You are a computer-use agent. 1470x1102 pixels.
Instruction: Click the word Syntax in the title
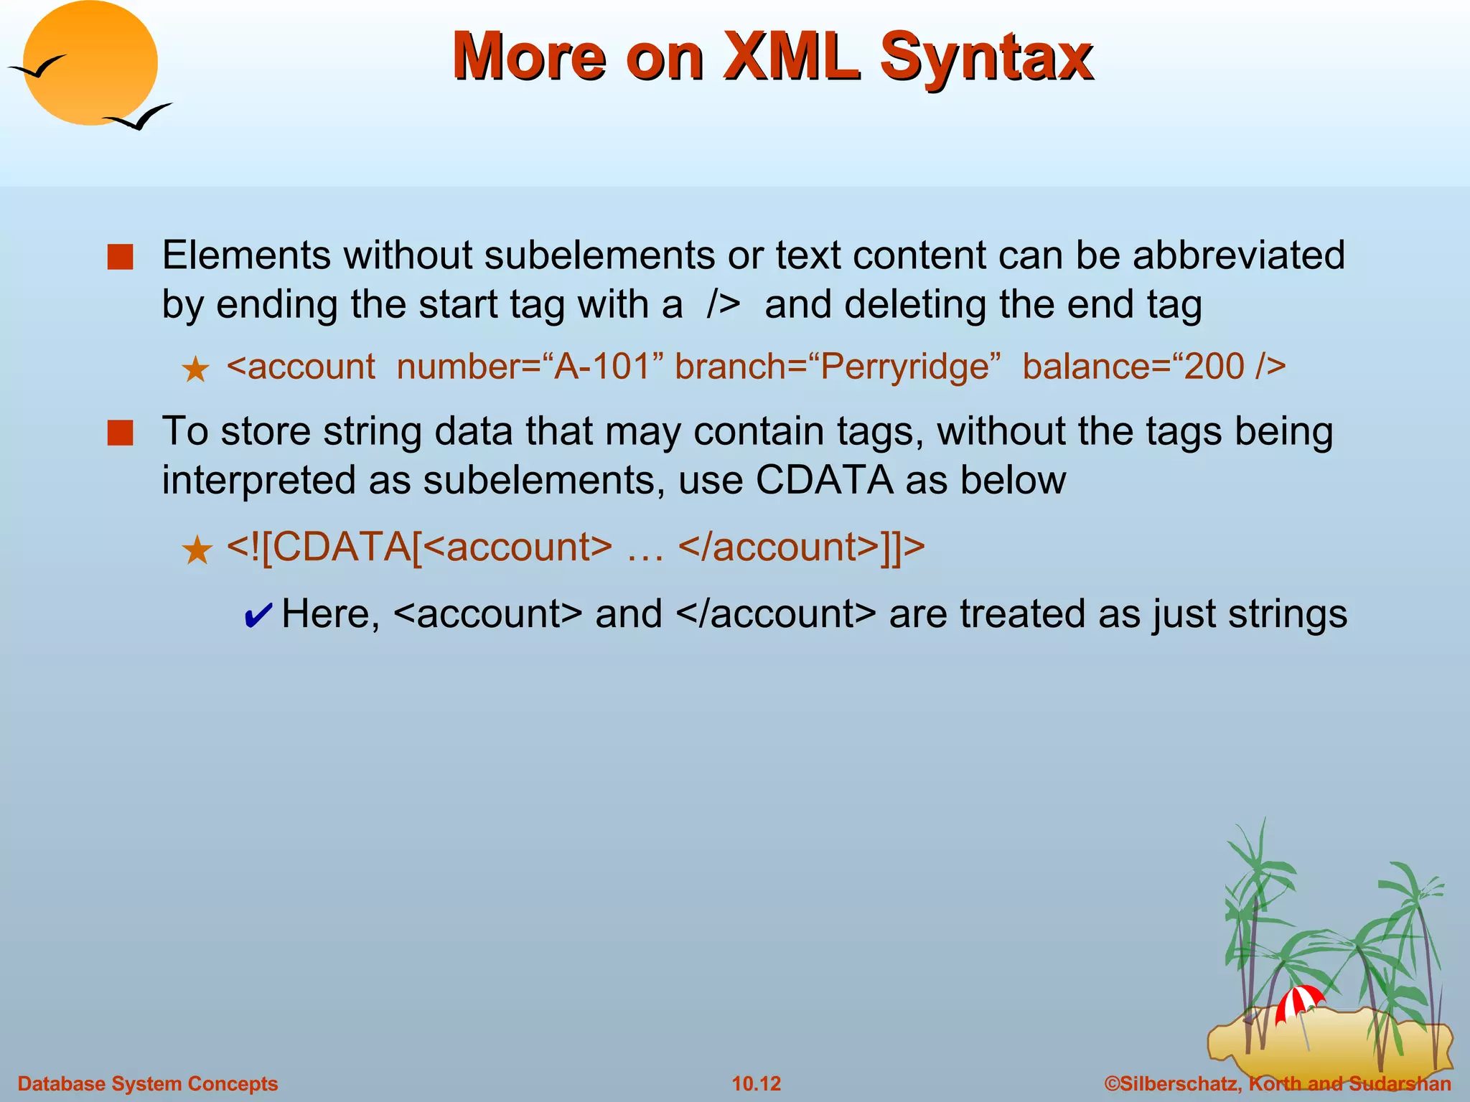986,57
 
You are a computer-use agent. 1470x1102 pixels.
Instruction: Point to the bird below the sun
139,117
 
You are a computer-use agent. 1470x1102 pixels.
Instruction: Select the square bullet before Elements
120,257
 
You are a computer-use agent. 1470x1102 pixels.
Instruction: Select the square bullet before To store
120,433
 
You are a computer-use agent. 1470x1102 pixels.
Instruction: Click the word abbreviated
1238,255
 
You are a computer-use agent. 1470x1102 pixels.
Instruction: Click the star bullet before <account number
195,370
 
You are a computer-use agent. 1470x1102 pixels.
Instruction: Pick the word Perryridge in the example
904,367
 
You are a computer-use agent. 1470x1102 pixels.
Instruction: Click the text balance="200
1134,367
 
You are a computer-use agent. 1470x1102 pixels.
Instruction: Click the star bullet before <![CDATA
196,551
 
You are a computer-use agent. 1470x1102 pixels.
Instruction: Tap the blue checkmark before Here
258,616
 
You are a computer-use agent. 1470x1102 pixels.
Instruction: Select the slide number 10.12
756,1083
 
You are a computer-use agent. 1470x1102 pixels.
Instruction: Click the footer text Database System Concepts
148,1083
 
